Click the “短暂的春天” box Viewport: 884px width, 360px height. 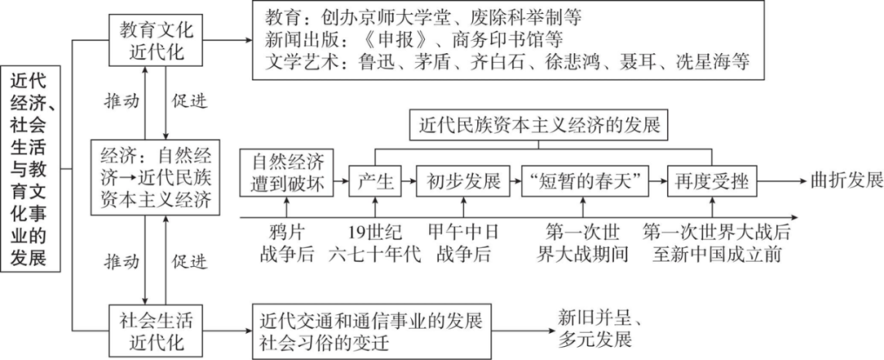tap(584, 181)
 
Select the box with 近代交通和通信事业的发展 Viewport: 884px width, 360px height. tap(372, 326)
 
